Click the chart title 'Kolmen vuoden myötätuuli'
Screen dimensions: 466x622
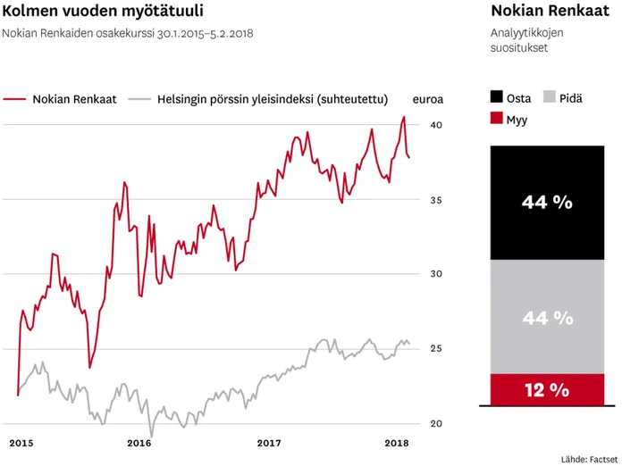coord(103,12)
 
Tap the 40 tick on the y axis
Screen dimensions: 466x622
coord(435,125)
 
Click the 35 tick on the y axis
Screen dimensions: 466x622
coord(435,200)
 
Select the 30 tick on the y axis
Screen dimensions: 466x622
coord(435,274)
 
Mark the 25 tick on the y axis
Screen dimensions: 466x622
coord(435,348)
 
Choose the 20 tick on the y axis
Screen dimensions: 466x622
coord(435,423)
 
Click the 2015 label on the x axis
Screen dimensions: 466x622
coord(21,443)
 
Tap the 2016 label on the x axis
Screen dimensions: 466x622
coord(139,443)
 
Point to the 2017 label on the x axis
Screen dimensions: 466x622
coord(269,443)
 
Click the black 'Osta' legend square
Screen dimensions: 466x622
coord(497,97)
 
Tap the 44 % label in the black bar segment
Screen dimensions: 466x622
coord(547,203)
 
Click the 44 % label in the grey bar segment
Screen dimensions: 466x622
coord(547,317)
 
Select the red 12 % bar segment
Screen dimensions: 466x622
coord(547,389)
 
